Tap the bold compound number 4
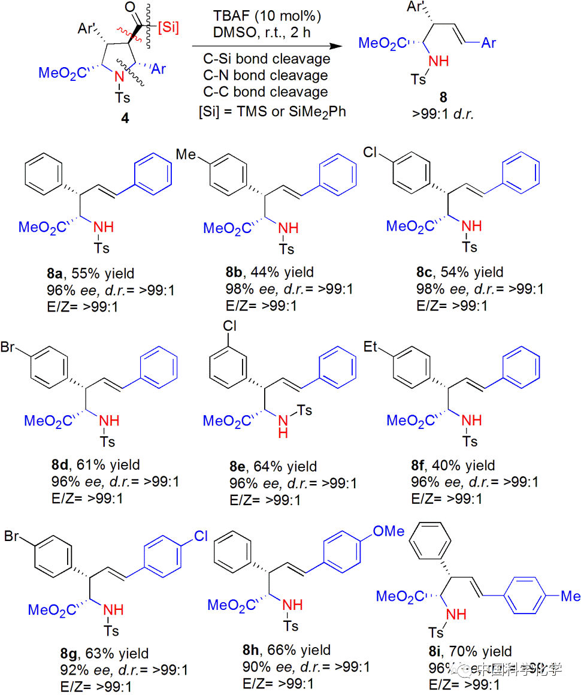(x=125, y=119)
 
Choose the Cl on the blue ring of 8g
(x=201, y=537)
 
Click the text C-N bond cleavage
(x=264, y=75)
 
